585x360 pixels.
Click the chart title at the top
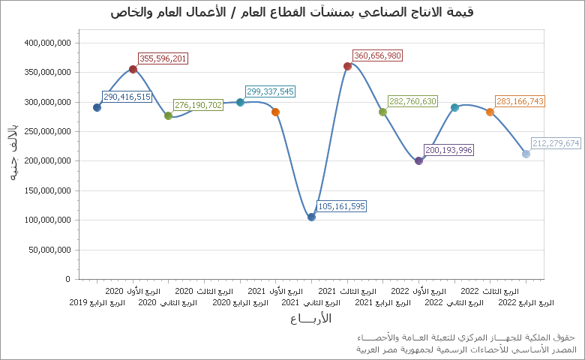pos(292,13)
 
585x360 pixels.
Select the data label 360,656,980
pos(377,55)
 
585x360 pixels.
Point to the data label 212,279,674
pos(556,143)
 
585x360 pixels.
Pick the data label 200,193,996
pos(448,150)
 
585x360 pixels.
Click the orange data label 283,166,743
pos(520,101)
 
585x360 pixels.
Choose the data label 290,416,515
pos(127,97)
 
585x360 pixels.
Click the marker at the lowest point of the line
pos(311,217)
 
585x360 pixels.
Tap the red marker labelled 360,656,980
pos(347,66)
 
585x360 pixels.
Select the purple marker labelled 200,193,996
pos(418,160)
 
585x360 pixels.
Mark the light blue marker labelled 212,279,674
pos(526,154)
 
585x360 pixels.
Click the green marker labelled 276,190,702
pos(168,115)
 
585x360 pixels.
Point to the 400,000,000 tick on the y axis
pos(47,43)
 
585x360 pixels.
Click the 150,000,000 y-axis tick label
pos(47,190)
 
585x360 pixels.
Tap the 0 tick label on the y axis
pos(67,279)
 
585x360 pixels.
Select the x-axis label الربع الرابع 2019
pos(97,303)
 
